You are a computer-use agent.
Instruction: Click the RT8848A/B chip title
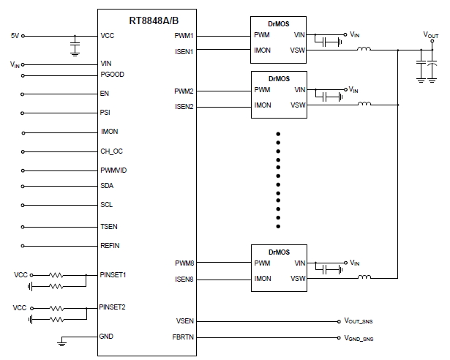(x=147, y=20)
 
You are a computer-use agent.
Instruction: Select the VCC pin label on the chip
(x=108, y=36)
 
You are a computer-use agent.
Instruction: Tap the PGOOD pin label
(x=111, y=75)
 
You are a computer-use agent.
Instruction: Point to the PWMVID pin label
(x=113, y=169)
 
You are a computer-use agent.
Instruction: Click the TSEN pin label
(x=109, y=226)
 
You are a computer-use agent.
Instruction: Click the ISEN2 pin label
(x=184, y=106)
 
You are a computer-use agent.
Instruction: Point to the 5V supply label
(x=15, y=36)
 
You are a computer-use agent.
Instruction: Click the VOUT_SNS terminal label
(x=359, y=321)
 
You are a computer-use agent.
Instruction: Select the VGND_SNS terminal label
(x=359, y=339)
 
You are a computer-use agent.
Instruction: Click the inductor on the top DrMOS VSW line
(x=364, y=50)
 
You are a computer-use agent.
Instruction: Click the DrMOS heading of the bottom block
(x=280, y=251)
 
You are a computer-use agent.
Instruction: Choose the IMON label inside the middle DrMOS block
(x=263, y=105)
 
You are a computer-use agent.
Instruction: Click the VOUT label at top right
(x=431, y=34)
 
